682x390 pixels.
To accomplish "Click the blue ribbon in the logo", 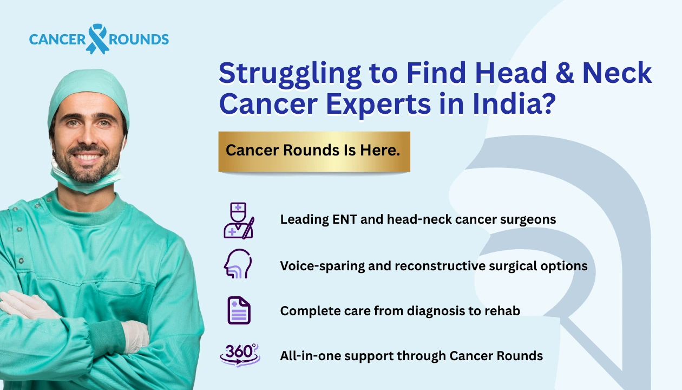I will click(x=97, y=38).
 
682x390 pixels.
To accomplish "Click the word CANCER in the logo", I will click(x=57, y=40).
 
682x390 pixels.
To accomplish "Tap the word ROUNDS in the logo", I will click(x=139, y=40).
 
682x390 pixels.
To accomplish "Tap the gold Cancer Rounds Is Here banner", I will click(x=314, y=151).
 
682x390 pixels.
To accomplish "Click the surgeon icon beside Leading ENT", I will click(x=239, y=220).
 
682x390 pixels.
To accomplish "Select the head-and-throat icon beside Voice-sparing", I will click(x=238, y=265).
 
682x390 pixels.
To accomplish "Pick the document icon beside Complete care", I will click(x=239, y=310).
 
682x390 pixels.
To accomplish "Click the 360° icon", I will click(x=240, y=355).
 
